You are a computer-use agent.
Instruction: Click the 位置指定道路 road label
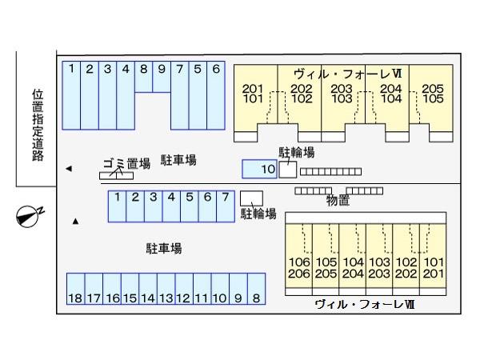click(x=38, y=125)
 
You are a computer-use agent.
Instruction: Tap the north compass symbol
click(x=30, y=214)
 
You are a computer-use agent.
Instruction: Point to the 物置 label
click(x=338, y=201)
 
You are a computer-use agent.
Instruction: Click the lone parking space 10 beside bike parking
click(x=259, y=169)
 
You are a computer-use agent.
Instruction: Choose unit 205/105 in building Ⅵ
click(x=432, y=94)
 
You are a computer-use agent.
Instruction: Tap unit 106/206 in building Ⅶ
click(x=299, y=267)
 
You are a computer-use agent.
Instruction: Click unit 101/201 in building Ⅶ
click(x=433, y=267)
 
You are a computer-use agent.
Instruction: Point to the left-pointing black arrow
click(x=69, y=169)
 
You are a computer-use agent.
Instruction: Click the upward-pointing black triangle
click(x=76, y=221)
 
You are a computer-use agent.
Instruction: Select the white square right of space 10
click(x=287, y=169)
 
